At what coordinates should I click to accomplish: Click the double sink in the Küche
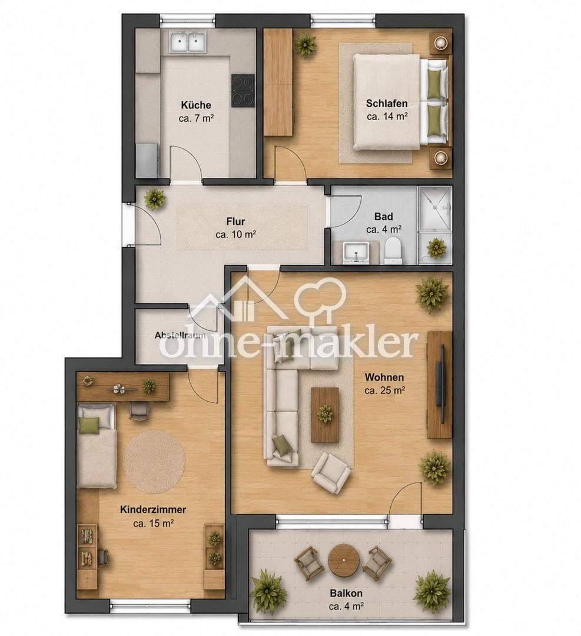click(188, 42)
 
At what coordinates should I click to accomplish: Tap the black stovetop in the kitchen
click(243, 91)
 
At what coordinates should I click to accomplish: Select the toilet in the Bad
click(392, 250)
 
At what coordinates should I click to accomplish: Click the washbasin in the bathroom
click(356, 252)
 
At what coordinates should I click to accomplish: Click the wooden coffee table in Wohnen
click(325, 415)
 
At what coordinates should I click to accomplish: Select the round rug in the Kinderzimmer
click(154, 461)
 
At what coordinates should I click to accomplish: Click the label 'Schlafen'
click(387, 104)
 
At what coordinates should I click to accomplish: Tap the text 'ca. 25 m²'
click(385, 390)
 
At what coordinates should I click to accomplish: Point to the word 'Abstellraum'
click(180, 336)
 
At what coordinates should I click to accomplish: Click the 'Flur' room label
click(235, 221)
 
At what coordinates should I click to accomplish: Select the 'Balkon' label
click(346, 594)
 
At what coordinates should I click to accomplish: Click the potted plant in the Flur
click(154, 199)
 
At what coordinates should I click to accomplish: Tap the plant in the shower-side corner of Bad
click(436, 247)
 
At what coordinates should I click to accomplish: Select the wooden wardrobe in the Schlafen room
click(278, 82)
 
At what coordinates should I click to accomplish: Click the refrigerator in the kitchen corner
click(147, 161)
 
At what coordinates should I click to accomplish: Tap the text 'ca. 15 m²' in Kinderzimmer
click(153, 524)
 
